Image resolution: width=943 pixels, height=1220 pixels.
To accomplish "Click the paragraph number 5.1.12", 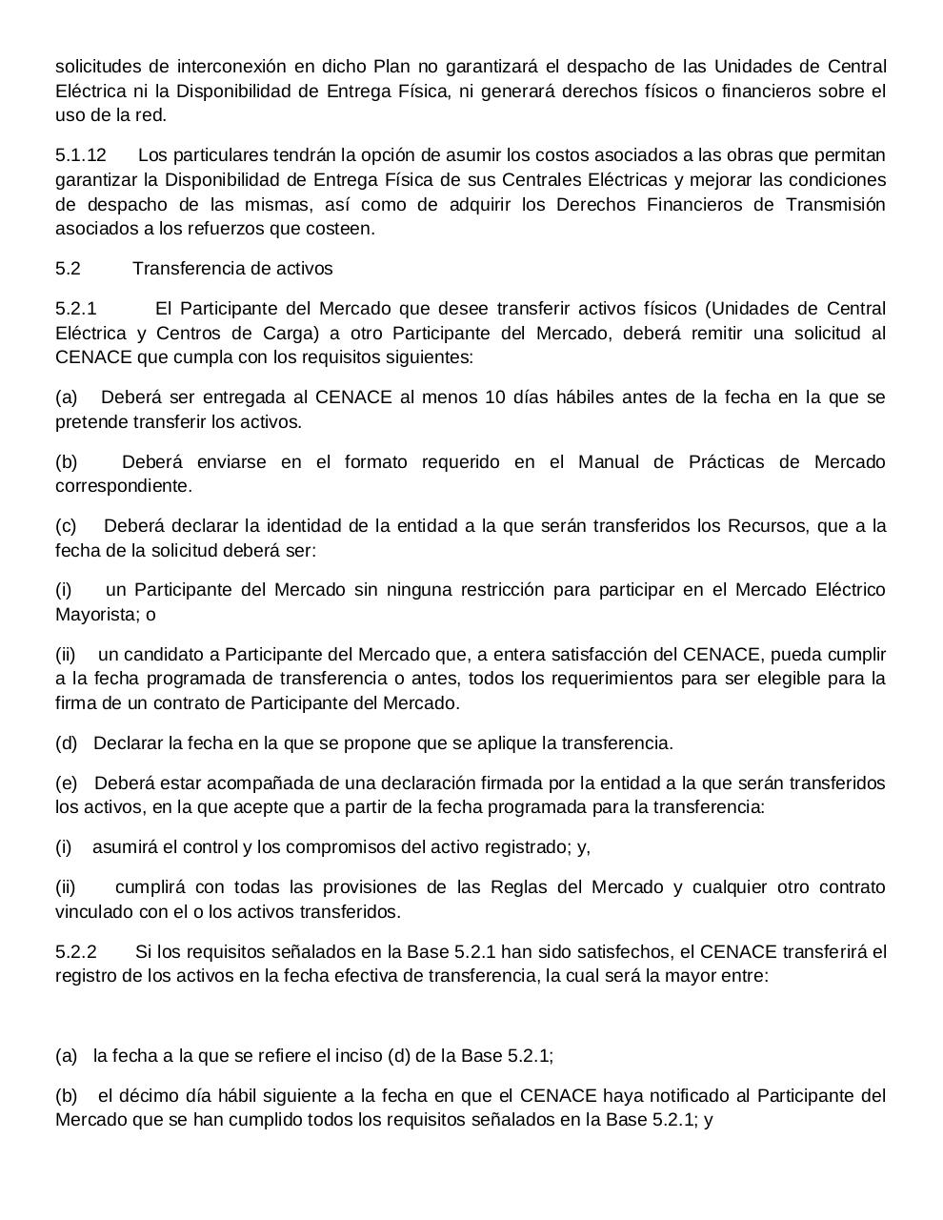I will tap(81, 155).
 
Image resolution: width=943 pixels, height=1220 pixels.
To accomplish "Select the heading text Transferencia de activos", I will tap(232, 269).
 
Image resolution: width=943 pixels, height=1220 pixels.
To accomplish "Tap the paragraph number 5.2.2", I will tap(76, 952).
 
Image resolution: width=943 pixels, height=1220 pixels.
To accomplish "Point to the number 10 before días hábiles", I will tap(494, 397).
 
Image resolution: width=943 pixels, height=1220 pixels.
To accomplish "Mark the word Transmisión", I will tap(836, 205).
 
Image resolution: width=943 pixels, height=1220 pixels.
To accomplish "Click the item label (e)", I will tap(67, 783).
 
